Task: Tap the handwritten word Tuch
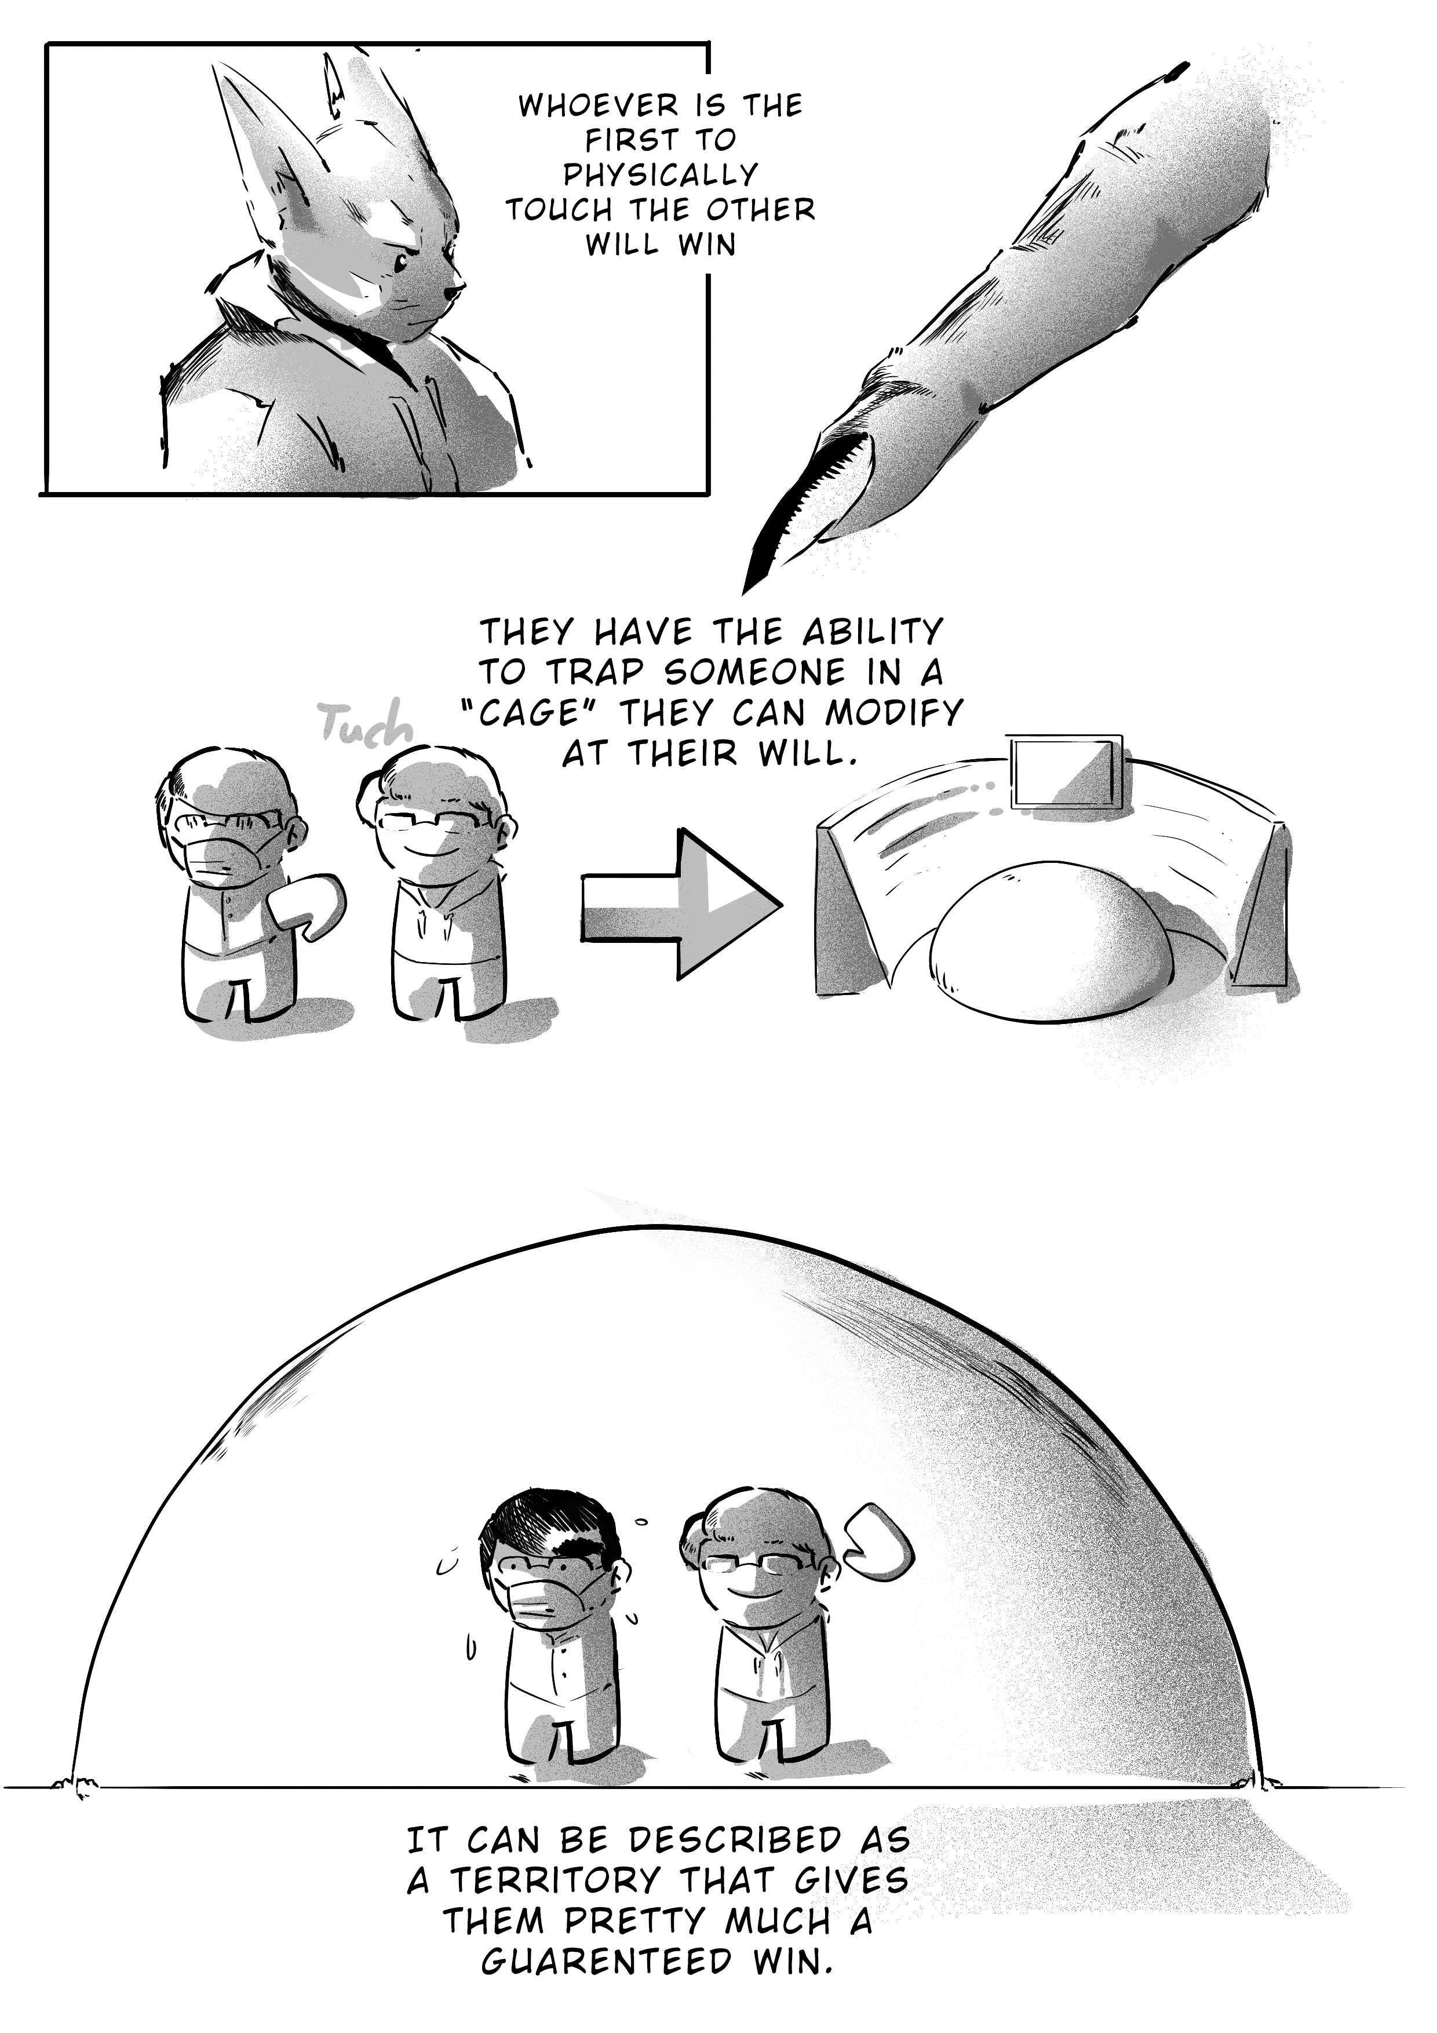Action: pos(366,723)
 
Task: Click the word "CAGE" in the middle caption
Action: pos(533,713)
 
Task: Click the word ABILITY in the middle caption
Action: pos(872,632)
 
